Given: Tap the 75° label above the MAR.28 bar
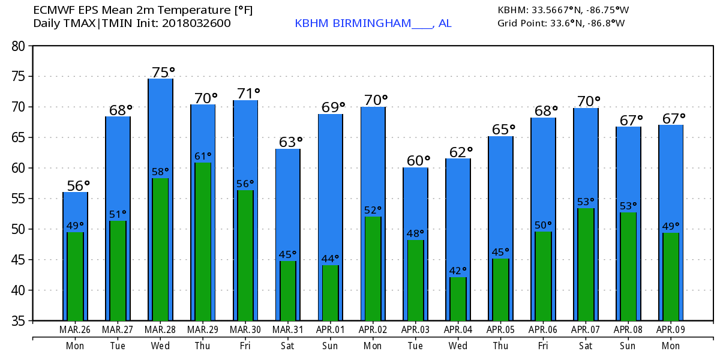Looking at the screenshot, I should point(160,71).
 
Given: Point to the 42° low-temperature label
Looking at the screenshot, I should point(458,271).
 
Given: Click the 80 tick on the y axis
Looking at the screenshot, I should point(19,46).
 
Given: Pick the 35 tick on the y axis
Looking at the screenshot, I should point(19,321).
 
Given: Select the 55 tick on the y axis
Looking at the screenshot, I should point(19,199).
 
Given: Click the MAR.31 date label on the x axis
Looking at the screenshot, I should point(287,330).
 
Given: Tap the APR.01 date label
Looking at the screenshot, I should point(330,330).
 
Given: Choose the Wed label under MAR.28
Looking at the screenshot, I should point(160,346).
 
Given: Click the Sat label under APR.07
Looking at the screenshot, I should point(586,346).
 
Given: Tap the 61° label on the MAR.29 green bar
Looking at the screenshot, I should point(203,156).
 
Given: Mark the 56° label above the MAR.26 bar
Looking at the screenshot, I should point(76,185).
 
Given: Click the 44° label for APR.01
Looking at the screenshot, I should point(330,259).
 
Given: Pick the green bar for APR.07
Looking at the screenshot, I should point(586,265).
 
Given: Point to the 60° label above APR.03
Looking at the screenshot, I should point(415,161).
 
